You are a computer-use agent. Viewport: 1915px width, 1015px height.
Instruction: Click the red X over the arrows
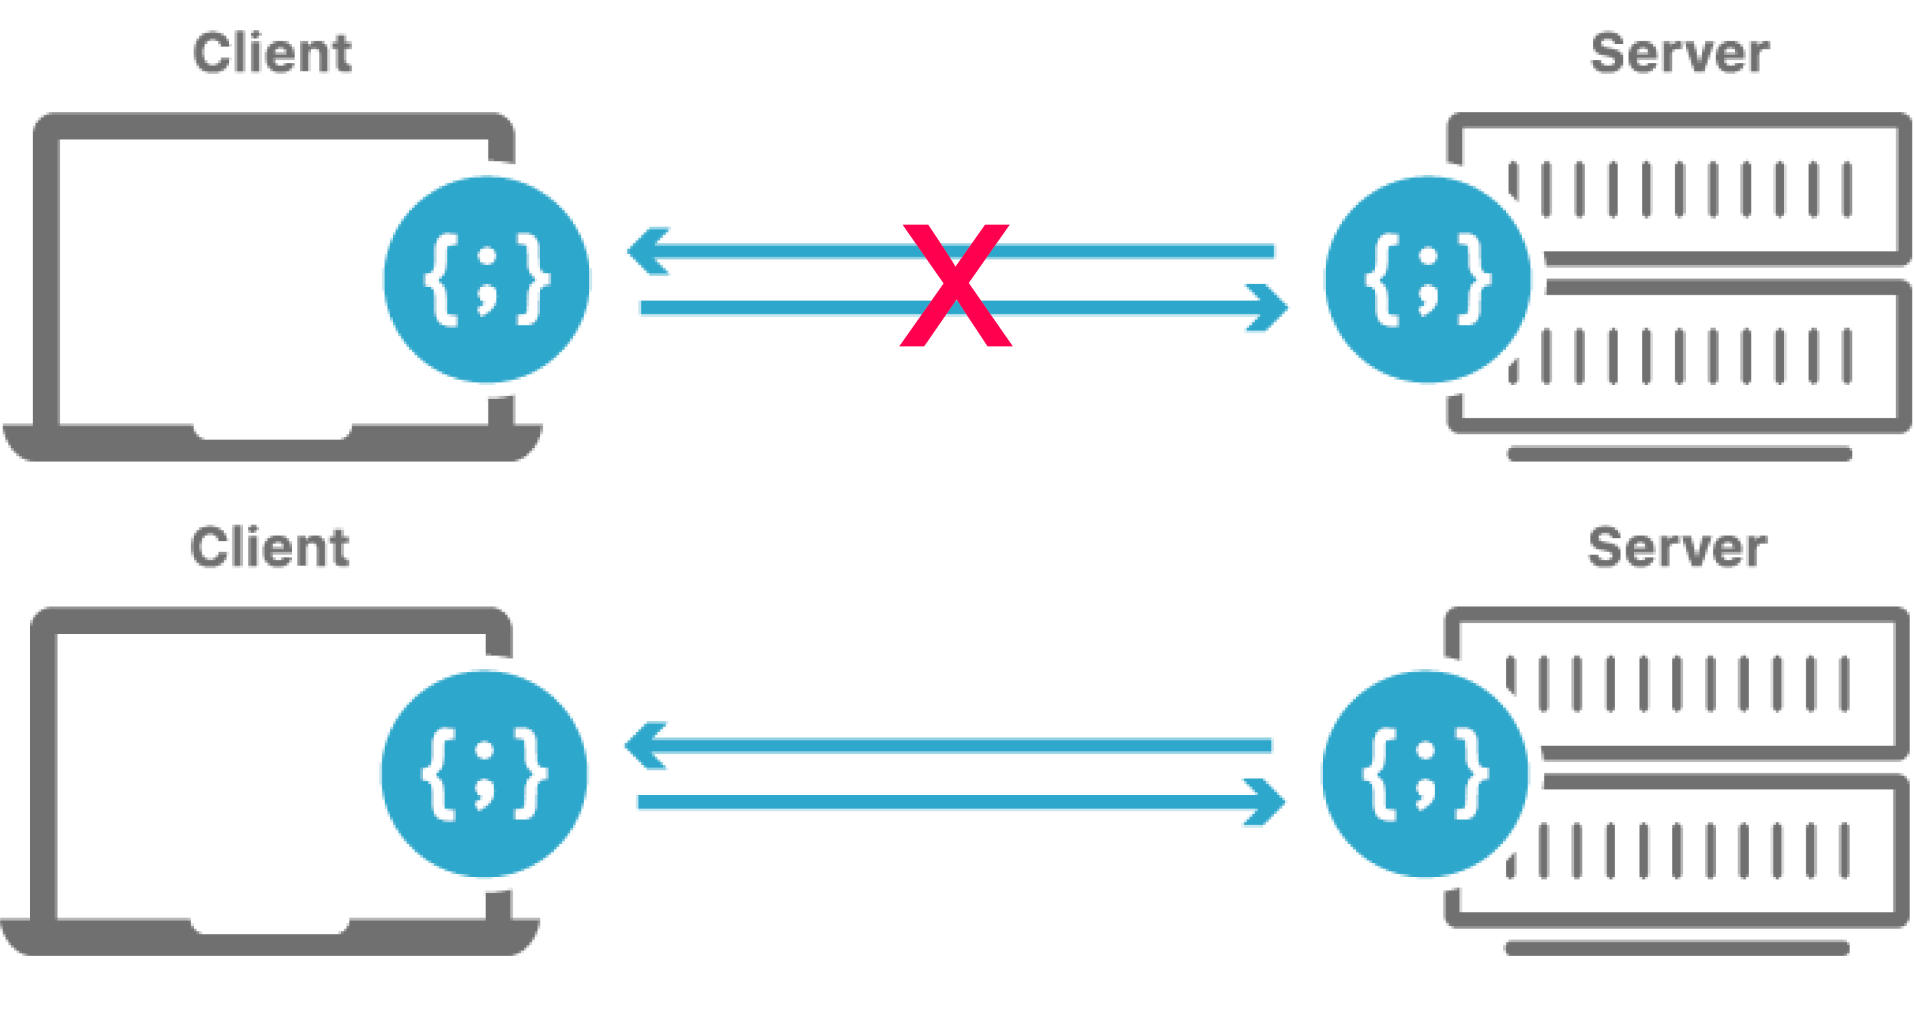coord(956,285)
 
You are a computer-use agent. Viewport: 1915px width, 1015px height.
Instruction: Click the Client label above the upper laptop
coord(272,54)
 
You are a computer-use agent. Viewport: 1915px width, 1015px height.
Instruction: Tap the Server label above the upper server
coord(1679,54)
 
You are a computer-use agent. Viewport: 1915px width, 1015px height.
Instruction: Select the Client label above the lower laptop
coord(270,547)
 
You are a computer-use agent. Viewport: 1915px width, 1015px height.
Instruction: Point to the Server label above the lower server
coord(1677,547)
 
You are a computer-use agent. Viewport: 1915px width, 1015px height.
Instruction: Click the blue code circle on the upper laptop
coord(487,280)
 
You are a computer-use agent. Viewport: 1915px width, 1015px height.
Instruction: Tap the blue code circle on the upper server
coord(1427,280)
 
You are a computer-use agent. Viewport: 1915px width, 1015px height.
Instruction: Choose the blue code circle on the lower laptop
coord(484,774)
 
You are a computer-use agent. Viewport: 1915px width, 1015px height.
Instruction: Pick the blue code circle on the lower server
coord(1425,774)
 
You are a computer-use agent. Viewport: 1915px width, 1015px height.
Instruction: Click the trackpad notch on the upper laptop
coord(273,432)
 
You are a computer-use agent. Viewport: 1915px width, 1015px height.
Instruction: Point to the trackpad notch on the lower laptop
coord(270,927)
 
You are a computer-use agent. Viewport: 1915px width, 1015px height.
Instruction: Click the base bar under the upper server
coord(1679,454)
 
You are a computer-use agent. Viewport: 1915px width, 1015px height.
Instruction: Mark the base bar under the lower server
coord(1677,948)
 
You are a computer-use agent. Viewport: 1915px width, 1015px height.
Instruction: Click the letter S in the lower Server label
coord(1605,547)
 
